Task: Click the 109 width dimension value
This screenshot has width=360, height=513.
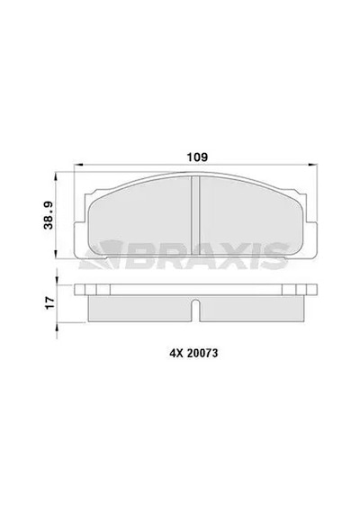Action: coord(197,157)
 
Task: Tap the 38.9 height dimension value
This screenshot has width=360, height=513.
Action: coord(49,215)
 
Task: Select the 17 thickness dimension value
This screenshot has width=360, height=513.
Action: coord(49,302)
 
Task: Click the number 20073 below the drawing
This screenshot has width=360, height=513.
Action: coord(202,354)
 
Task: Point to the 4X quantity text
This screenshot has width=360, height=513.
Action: coord(175,354)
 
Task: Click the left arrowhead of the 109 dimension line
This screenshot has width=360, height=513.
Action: coord(78,165)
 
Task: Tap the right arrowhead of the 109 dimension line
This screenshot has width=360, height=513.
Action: coord(313,165)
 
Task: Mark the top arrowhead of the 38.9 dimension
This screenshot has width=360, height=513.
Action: coord(57,176)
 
